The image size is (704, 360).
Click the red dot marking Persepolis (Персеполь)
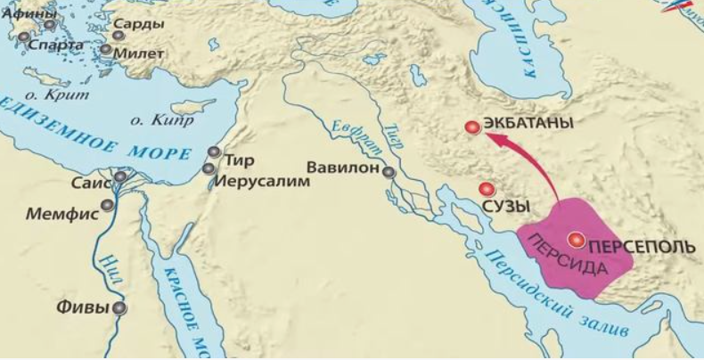[x=577, y=238]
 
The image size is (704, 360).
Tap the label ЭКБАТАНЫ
[x=528, y=125]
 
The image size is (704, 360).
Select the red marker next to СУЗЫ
[x=486, y=189]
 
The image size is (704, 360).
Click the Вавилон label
[x=342, y=167]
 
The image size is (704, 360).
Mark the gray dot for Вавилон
[x=389, y=171]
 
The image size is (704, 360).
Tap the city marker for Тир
[x=213, y=152]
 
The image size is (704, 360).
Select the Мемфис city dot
[x=108, y=205]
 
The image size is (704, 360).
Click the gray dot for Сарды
[x=118, y=36]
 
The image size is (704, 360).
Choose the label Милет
[x=139, y=53]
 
